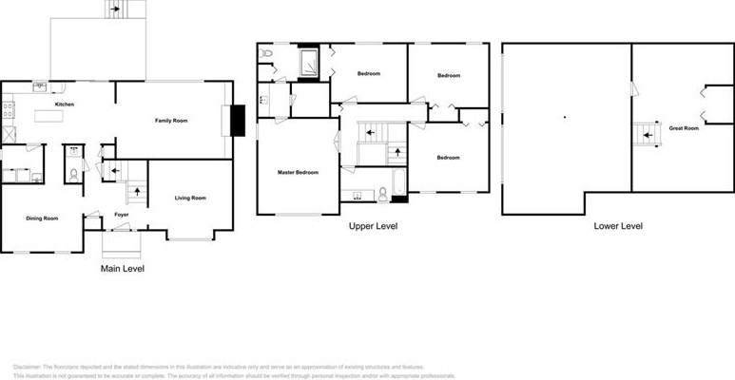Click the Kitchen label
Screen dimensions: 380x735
[x=65, y=104]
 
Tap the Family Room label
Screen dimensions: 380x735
[x=172, y=121]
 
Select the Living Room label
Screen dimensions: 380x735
[x=190, y=198]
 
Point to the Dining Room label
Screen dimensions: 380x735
[x=41, y=218]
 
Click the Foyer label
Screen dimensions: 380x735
[x=122, y=215]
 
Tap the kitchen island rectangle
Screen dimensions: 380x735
[x=56, y=118]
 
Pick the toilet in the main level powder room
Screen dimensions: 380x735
[x=73, y=174]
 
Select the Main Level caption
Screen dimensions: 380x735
[x=123, y=269]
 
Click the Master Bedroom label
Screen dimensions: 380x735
[x=298, y=172]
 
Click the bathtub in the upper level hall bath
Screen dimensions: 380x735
[x=398, y=180]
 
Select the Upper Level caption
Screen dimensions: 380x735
[x=373, y=226]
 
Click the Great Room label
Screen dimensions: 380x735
[x=684, y=127]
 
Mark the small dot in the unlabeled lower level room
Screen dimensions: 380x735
[x=564, y=117]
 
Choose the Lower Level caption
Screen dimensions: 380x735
[x=618, y=226]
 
